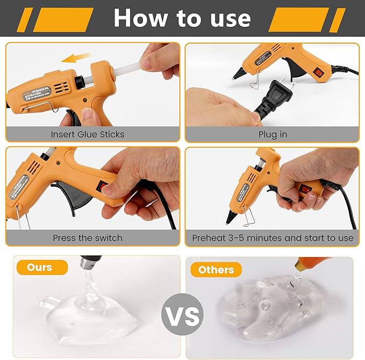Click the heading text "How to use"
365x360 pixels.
(182, 18)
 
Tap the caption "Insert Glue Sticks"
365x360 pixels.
(88, 134)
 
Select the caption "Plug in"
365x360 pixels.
(273, 134)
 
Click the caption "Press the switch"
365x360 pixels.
(88, 237)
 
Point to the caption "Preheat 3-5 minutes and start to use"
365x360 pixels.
(273, 237)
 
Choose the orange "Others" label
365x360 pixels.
(216, 270)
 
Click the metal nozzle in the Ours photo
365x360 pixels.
(88, 264)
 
